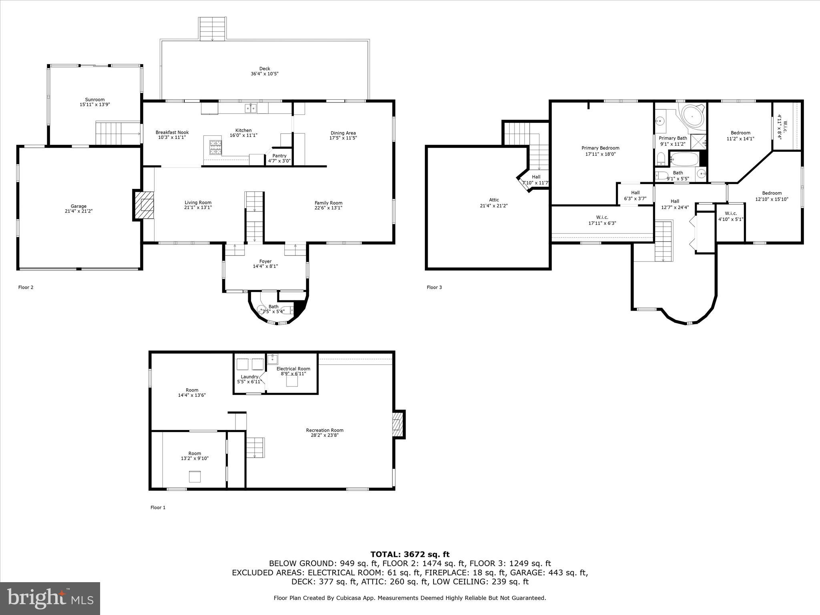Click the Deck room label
coord(264,69)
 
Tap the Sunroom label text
coord(94,100)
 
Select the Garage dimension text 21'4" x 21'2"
coord(79,211)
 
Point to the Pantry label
coord(279,156)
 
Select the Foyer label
coord(265,261)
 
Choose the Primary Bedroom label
coord(600,148)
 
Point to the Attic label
coord(494,200)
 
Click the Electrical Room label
coord(293,369)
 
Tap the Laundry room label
coord(249,377)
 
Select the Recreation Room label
coord(324,430)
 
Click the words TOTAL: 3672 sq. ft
coord(410,554)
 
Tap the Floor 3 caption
coord(434,287)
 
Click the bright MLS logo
coord(50,599)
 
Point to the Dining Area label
coord(343,133)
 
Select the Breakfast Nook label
coord(172,133)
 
